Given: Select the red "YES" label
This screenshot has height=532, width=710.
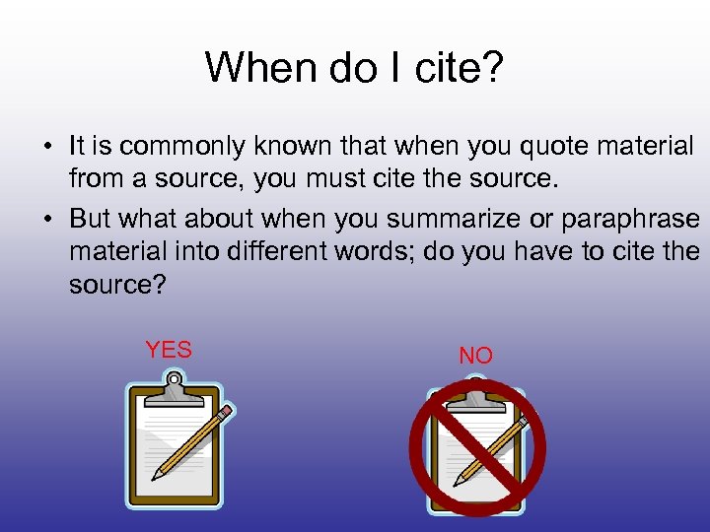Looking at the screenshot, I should (x=169, y=350).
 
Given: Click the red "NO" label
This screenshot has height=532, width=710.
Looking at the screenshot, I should (x=475, y=356).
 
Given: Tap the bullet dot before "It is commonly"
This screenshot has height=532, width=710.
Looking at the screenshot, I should (x=47, y=148).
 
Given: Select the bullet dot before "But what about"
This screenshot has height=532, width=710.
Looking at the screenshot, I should (x=47, y=220).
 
